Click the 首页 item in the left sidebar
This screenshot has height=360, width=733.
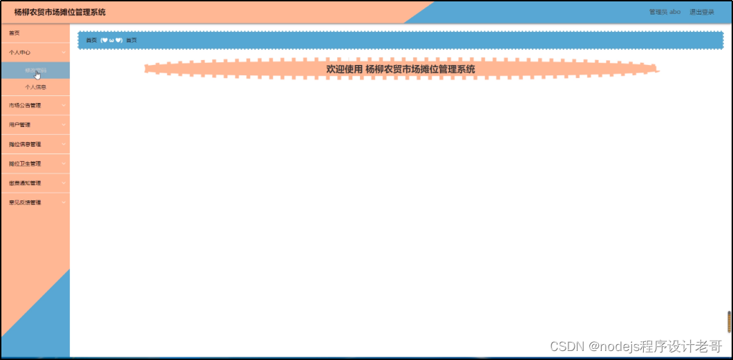pyautogui.click(x=15, y=33)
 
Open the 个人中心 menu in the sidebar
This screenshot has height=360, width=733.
pyautogui.click(x=20, y=53)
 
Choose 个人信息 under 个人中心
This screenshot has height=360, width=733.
pyautogui.click(x=36, y=88)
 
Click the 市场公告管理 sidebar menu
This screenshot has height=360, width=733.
pyautogui.click(x=25, y=106)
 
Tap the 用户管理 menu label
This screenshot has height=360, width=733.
pyautogui.click(x=20, y=125)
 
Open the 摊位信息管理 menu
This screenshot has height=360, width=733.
pyautogui.click(x=25, y=144)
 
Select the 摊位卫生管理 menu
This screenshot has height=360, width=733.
pyautogui.click(x=25, y=164)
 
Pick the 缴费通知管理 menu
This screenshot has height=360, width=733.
pyautogui.click(x=25, y=183)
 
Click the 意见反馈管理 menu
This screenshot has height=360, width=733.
pyautogui.click(x=25, y=202)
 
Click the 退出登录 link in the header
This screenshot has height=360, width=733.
pyautogui.click(x=702, y=12)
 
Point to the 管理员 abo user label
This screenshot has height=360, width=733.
pyautogui.click(x=665, y=12)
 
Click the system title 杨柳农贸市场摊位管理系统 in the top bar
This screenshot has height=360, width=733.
pyautogui.click(x=60, y=12)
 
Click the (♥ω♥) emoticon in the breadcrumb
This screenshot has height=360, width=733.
pyautogui.click(x=111, y=40)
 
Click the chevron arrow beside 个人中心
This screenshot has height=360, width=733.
pyautogui.click(x=63, y=53)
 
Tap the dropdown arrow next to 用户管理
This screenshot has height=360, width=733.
pyautogui.click(x=63, y=125)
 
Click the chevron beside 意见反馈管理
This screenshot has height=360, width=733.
pyautogui.click(x=63, y=202)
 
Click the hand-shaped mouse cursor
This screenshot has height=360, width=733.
pyautogui.click(x=37, y=74)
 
